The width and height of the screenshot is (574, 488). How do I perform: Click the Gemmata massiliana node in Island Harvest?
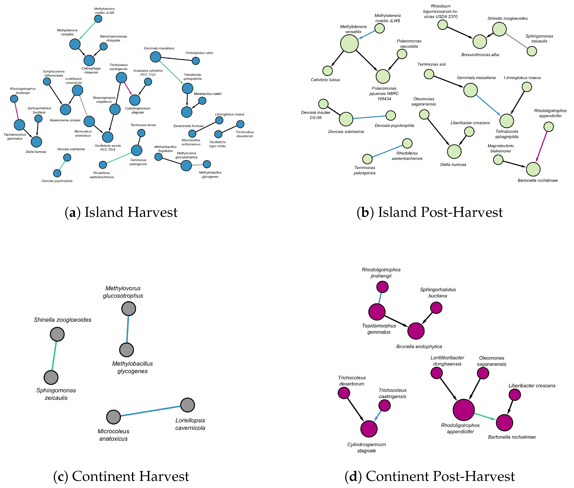click(x=156, y=57)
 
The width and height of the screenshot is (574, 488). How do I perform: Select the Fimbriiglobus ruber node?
click(x=196, y=61)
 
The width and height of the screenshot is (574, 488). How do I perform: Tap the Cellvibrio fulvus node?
click(x=328, y=71)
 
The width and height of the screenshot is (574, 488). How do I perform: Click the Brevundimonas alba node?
click(x=479, y=42)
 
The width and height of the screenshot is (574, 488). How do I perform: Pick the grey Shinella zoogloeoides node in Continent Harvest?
click(x=57, y=334)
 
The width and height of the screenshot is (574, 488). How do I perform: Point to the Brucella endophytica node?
click(x=416, y=331)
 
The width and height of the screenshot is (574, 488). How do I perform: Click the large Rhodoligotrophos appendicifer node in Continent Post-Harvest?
click(x=463, y=410)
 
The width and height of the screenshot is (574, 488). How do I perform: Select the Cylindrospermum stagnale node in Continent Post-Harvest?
click(x=369, y=429)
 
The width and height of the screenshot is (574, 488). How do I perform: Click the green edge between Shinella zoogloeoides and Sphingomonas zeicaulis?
click(x=54, y=356)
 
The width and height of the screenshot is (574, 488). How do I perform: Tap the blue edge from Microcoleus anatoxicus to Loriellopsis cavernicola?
click(x=151, y=411)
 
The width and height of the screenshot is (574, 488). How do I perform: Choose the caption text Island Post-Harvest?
click(x=429, y=212)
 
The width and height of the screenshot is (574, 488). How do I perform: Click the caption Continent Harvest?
click(x=121, y=476)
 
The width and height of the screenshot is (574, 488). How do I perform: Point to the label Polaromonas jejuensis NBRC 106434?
click(x=384, y=94)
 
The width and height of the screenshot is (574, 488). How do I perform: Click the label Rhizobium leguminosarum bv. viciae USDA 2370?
click(x=440, y=11)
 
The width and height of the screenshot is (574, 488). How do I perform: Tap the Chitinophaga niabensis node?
click(x=89, y=60)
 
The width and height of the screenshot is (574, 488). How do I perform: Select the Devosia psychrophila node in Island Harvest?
click(x=57, y=173)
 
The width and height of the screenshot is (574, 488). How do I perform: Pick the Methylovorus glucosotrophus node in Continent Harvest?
click(x=129, y=308)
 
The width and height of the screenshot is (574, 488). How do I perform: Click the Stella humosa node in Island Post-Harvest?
click(x=454, y=152)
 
